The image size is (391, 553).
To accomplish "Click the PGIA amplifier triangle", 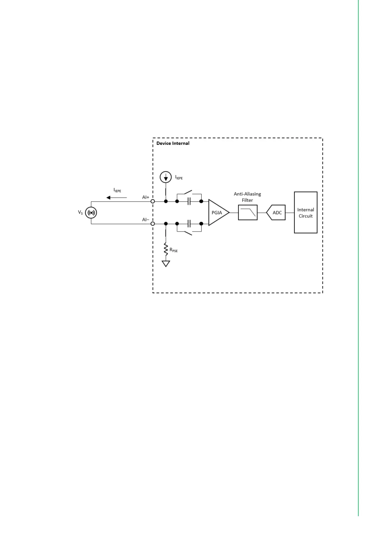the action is point(217,212).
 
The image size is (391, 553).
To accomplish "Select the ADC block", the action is point(276,212).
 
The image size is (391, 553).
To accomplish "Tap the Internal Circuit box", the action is point(305,212).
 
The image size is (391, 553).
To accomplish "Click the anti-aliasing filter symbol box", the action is point(248,212).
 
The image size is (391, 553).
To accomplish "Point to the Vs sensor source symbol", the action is point(91,212).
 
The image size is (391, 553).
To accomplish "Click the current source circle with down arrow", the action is point(165,177).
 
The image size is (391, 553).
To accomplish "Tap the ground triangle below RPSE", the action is point(166,263).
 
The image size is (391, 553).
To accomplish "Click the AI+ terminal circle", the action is point(153,201).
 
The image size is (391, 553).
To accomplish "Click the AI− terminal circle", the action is point(153,224).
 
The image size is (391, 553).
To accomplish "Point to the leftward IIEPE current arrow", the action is point(117,197).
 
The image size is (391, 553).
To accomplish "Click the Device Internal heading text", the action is point(173,143).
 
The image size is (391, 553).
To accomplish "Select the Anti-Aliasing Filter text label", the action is point(247,197).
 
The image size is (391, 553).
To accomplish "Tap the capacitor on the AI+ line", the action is point(189,201).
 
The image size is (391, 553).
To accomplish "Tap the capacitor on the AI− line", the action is point(189,224).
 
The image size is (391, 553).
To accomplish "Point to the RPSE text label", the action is point(173,250).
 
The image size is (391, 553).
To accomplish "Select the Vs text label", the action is point(80,212).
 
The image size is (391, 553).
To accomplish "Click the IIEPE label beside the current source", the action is point(179,177).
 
